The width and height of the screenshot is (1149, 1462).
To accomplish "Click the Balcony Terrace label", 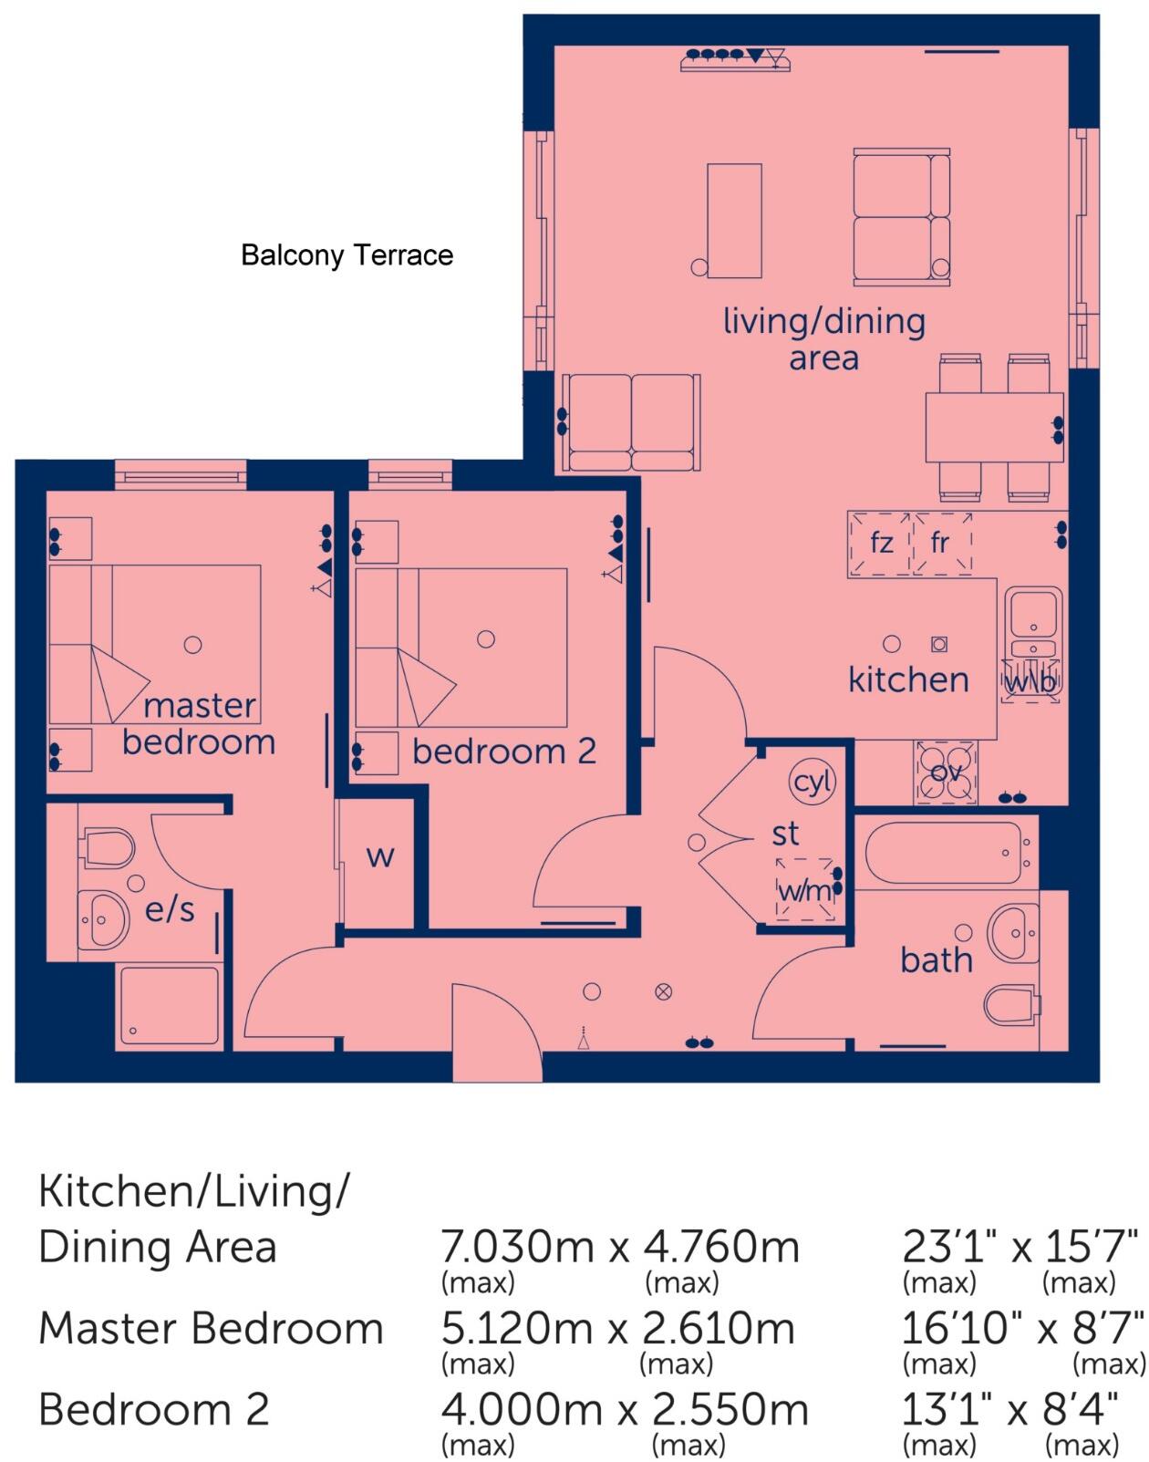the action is click(347, 255).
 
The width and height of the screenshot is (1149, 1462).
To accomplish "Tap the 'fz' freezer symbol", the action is click(879, 544).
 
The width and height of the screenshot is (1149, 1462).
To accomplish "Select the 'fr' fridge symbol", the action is click(942, 544).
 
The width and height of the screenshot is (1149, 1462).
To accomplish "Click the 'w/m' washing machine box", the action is click(805, 889).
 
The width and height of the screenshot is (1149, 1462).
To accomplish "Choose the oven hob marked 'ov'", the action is click(945, 772).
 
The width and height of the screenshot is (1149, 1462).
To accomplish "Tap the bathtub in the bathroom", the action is click(944, 853).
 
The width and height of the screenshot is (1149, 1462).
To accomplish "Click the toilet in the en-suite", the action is click(107, 847).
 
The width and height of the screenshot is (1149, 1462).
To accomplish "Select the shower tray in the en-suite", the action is click(169, 1005).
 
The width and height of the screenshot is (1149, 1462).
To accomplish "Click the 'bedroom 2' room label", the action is click(504, 752).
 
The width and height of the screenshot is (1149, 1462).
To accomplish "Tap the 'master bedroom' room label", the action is click(199, 724).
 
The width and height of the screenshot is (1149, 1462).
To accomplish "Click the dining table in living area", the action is click(994, 428).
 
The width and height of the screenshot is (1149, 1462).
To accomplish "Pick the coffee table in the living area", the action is click(735, 221).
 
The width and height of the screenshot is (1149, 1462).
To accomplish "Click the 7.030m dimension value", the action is click(517, 1247).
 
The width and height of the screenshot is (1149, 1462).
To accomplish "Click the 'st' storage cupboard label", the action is click(785, 834).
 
